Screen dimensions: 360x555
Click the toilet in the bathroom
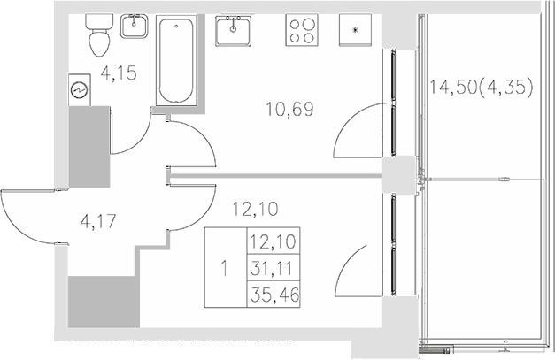[x=96, y=36]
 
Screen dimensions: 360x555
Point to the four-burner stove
[x=303, y=32]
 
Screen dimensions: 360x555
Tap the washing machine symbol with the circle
[x=80, y=90]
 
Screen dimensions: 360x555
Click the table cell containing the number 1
[x=225, y=267]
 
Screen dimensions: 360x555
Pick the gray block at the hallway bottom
[x=104, y=303]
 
